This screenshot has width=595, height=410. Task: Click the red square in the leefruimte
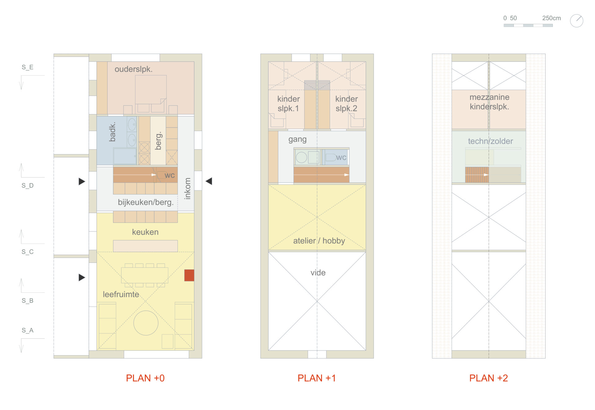point(189,275)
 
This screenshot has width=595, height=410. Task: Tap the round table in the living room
point(146,323)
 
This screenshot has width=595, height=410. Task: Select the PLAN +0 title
point(145,378)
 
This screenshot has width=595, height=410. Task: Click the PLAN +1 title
point(317,378)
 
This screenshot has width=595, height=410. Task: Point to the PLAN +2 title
point(488,378)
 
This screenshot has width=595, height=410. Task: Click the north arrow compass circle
point(577,21)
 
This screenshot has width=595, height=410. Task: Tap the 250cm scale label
point(551,18)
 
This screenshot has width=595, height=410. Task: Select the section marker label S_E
point(28,67)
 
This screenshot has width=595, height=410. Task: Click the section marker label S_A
point(28,330)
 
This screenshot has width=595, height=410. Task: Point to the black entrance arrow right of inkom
point(209,181)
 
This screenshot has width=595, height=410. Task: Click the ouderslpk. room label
point(134,69)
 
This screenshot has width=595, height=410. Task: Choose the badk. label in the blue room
point(112,132)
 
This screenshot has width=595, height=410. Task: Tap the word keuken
point(145,232)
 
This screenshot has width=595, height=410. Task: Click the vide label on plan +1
point(318,273)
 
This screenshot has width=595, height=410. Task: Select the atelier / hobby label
point(319,241)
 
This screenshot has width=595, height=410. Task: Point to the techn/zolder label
point(491,141)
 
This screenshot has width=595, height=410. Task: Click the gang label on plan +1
point(297,140)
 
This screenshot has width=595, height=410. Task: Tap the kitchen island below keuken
point(145,246)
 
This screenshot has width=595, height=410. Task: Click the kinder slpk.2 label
point(346,104)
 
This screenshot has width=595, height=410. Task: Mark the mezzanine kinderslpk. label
point(489,102)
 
